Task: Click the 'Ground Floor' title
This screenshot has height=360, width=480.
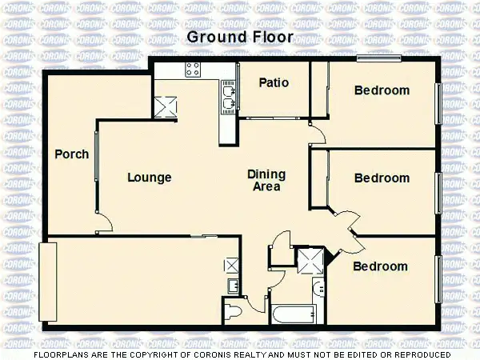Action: point(240,37)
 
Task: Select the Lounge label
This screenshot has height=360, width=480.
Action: point(150,178)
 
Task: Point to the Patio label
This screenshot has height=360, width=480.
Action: point(274,83)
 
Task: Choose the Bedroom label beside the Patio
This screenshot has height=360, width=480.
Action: point(382,90)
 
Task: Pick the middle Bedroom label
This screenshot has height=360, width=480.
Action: point(382,178)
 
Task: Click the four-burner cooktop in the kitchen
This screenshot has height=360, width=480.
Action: point(194,70)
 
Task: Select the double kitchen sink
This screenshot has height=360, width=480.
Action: point(228,98)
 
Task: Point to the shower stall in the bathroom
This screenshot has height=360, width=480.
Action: point(307,260)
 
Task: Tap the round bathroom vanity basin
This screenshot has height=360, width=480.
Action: point(318,289)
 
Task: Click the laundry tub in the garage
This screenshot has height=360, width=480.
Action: point(232,286)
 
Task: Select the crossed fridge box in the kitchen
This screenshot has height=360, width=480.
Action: point(166,106)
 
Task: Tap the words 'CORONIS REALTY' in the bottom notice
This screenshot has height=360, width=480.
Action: point(258,354)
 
